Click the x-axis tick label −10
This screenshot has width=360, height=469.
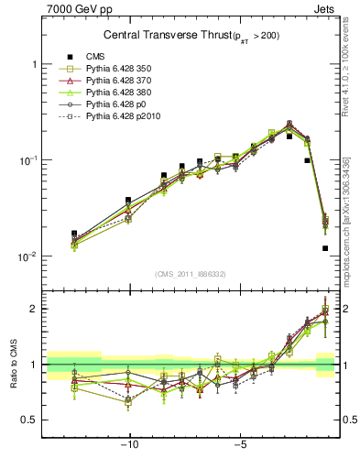click(130, 446)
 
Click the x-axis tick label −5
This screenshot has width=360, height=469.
click(238, 446)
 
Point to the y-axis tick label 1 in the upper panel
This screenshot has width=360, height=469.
click(33, 64)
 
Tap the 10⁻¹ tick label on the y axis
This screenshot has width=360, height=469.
click(28, 159)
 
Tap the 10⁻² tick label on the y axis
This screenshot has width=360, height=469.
click(28, 256)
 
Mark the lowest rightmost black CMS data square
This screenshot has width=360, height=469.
click(325, 248)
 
